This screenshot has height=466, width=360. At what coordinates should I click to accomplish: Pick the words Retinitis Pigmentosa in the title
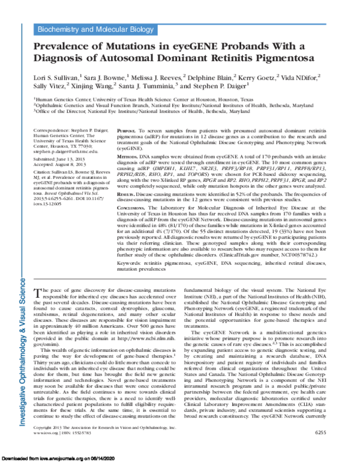click(258, 59)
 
